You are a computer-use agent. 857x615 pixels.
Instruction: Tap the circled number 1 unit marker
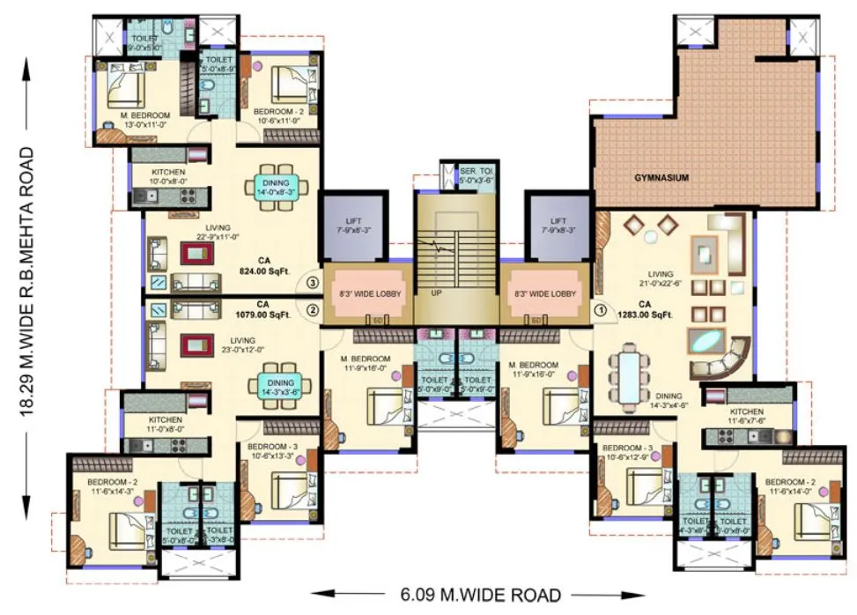point(601,309)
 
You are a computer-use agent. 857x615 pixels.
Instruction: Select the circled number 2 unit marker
point(312,309)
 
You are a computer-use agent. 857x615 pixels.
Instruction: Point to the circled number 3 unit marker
point(312,283)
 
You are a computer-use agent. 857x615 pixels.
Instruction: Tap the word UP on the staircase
point(436,293)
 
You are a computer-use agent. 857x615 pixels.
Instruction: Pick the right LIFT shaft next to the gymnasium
point(558,226)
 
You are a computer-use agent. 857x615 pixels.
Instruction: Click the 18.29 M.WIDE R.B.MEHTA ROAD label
point(29,281)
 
